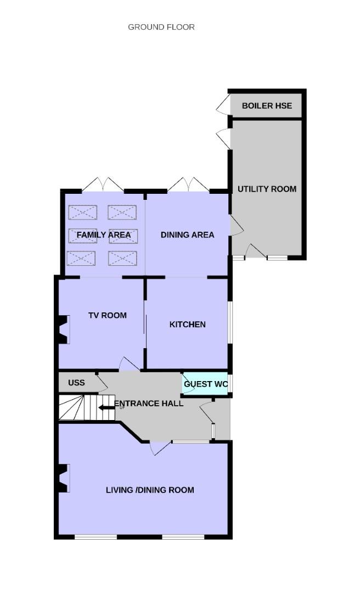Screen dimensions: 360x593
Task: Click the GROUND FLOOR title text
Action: tap(161, 27)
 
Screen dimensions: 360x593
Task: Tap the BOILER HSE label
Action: tap(267, 105)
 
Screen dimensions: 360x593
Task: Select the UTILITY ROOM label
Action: tap(267, 189)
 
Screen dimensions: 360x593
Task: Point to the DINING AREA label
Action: tap(188, 234)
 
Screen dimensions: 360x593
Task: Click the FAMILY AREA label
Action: tap(104, 235)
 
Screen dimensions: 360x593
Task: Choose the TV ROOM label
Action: tap(108, 315)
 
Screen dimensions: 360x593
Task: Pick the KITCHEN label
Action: tap(188, 325)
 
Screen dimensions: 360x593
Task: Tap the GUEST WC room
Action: tap(206, 384)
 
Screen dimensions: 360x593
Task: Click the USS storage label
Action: tap(76, 383)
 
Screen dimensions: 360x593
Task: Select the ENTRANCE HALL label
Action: tap(149, 404)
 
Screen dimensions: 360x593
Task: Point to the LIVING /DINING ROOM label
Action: tap(150, 490)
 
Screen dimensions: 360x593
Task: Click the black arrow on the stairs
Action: tap(106, 407)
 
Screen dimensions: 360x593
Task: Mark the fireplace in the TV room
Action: tap(64, 330)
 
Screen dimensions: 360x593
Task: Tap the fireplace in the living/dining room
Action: tap(64, 478)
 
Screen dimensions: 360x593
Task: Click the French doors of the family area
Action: tap(103, 184)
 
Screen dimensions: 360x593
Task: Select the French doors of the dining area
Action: tap(188, 184)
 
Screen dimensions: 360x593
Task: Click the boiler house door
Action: tap(223, 104)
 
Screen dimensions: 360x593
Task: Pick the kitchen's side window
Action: tap(230, 323)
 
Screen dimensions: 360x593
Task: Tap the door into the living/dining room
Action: tap(160, 448)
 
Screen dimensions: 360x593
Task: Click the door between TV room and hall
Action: tap(130, 364)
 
